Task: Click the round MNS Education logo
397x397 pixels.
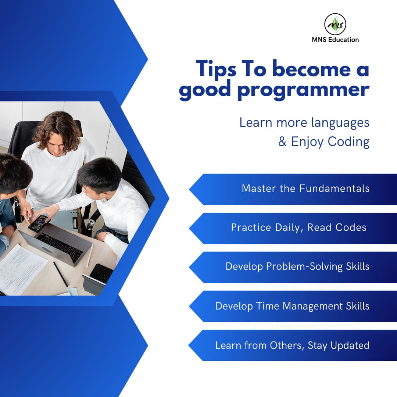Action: tap(335, 24)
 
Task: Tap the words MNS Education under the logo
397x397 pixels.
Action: tap(335, 40)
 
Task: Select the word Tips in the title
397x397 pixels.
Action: tap(216, 69)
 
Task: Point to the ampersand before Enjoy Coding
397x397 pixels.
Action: tap(282, 141)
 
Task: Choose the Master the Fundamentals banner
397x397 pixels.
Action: tap(293, 189)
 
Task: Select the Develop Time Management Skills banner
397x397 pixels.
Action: tap(293, 306)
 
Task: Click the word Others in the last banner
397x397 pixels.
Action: tap(287, 346)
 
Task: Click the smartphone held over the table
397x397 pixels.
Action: tap(39, 223)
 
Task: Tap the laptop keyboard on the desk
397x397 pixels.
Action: tap(61, 246)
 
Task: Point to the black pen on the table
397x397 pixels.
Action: tap(61, 274)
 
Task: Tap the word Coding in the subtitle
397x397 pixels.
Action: tap(348, 142)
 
